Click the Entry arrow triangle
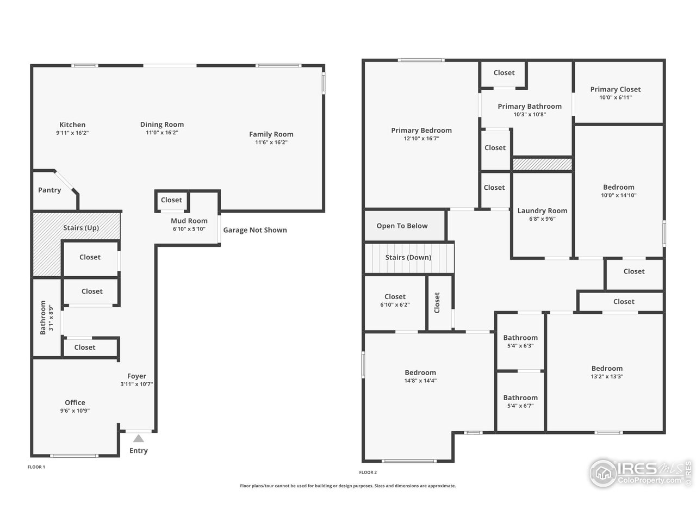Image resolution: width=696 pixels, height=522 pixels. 139,438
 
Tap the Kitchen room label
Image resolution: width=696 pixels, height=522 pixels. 72,125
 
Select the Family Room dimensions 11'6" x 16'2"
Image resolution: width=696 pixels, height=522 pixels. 271,142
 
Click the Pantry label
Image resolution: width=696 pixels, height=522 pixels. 49,190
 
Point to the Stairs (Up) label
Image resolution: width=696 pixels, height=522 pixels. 81,228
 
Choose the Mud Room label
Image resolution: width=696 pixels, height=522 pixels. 189,221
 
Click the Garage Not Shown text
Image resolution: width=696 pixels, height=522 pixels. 255,230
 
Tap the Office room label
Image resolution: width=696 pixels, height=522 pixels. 75,402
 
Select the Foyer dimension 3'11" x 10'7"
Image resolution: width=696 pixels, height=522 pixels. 136,384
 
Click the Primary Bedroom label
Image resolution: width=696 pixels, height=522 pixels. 421,130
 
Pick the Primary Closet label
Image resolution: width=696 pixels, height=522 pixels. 616,89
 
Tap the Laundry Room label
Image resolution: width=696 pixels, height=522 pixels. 542,210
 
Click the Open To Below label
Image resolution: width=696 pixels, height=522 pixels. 402,226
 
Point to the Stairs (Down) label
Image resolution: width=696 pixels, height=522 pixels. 408,257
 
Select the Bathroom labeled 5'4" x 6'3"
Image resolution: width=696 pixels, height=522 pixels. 520,338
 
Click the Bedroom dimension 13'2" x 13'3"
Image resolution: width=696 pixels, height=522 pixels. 607,376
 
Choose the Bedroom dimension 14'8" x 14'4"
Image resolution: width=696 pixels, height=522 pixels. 420,381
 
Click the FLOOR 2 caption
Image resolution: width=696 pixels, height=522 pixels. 368,473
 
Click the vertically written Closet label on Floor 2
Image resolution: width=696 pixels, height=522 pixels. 437,303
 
